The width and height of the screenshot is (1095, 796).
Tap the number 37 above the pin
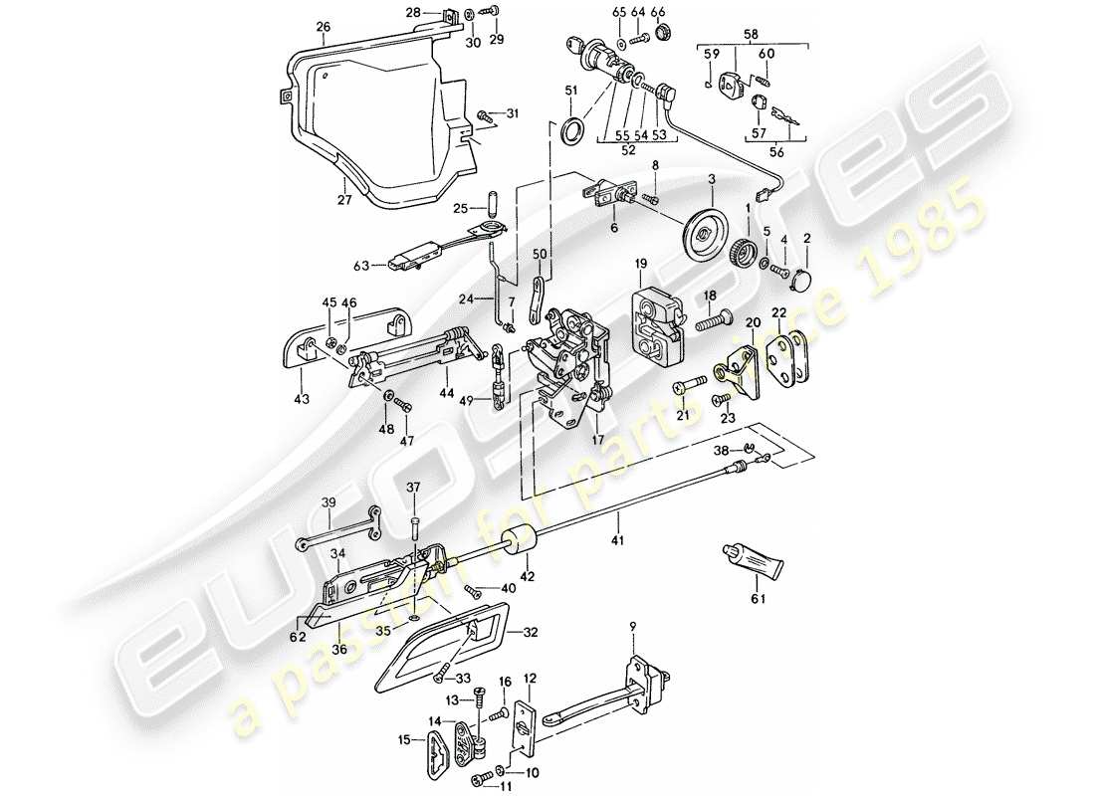click(x=415, y=487)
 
